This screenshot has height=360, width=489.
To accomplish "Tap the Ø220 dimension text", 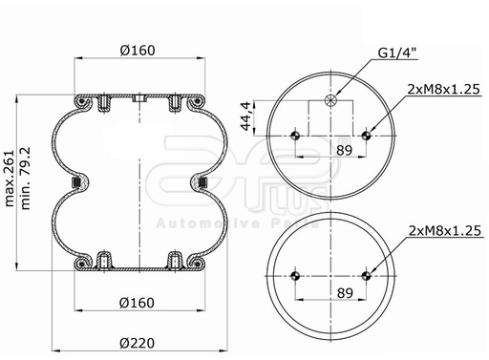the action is click(x=138, y=343).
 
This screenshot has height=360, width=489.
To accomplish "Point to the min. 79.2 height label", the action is click(x=25, y=179).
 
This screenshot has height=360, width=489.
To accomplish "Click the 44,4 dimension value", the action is click(x=245, y=116).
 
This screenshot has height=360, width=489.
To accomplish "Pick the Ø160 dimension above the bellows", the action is click(x=138, y=51).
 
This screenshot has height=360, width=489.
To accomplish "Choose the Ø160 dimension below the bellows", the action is click(x=137, y=303).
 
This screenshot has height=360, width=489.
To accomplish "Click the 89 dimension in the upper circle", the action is click(x=345, y=150).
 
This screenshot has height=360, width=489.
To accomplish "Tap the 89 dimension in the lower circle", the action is click(x=345, y=293).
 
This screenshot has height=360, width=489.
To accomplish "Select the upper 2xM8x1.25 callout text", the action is click(x=443, y=90).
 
